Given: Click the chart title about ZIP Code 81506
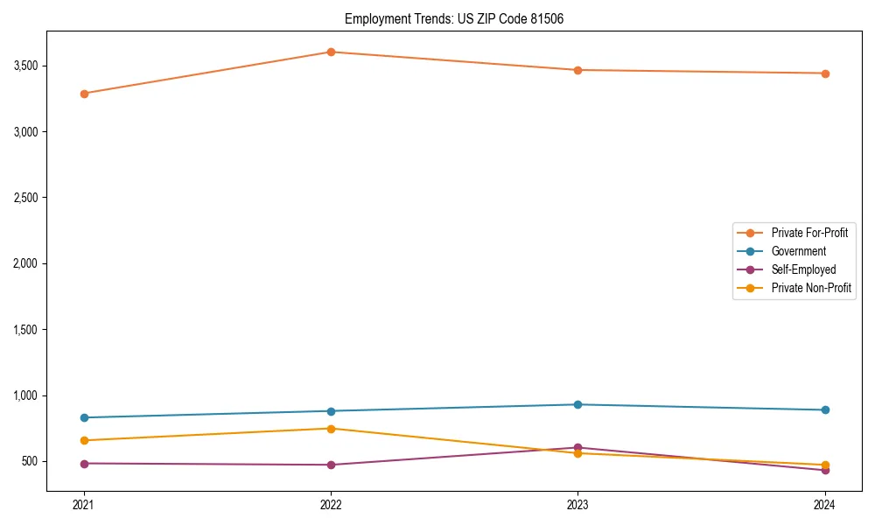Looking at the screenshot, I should point(447,18).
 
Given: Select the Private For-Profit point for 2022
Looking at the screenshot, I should point(331,52).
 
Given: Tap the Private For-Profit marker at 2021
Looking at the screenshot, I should point(84,94).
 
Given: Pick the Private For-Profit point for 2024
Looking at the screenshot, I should point(825,73).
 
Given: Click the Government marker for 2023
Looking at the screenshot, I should point(577,404).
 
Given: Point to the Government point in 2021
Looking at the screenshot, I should point(84,417).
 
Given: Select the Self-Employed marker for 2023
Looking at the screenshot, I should point(577,448).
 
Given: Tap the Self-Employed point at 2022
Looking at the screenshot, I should point(331,465).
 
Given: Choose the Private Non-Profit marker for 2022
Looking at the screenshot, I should point(331,429).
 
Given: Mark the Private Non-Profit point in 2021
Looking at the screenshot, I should point(84,440).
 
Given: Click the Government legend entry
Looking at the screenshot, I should point(798,251).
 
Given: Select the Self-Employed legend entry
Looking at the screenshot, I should point(803,269).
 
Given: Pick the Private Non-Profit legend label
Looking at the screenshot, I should point(811,288).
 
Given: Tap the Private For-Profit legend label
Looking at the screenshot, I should point(809,233).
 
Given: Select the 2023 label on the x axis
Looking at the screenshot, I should point(577,504).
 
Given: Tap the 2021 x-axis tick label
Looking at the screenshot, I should point(84,504).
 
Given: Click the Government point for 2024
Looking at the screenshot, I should point(825,409).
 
